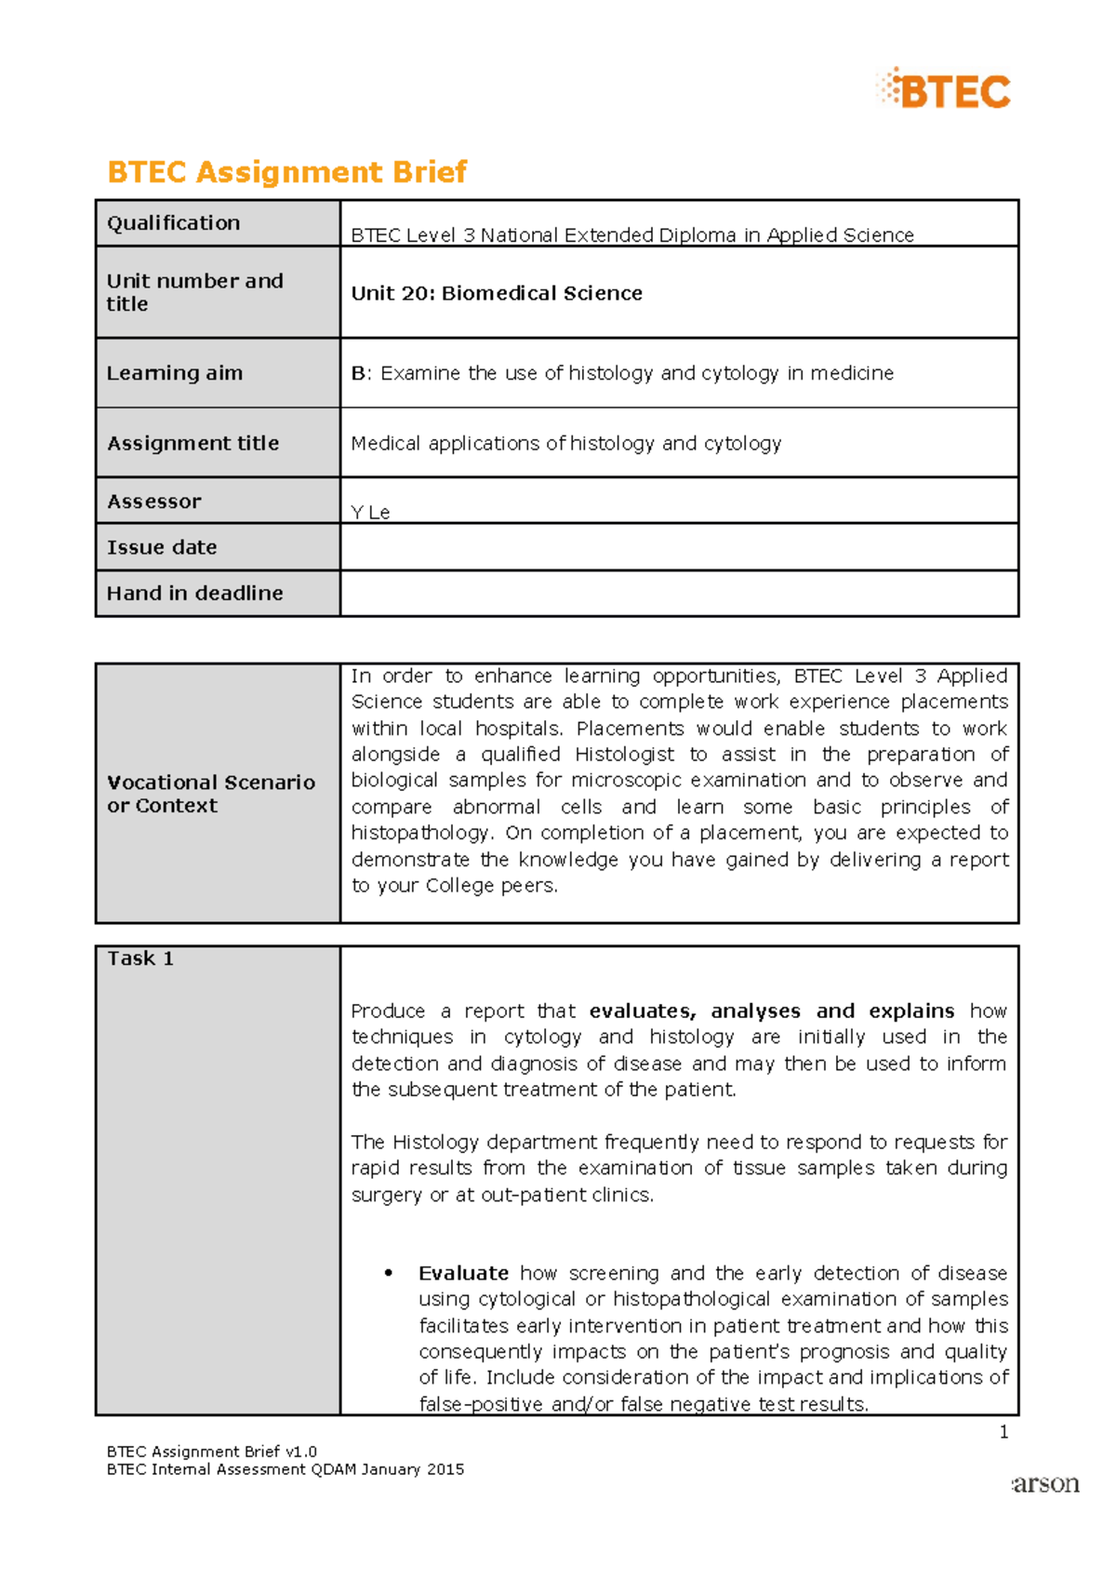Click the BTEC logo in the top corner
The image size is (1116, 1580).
pos(944,90)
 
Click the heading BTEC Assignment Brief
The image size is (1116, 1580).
pos(286,172)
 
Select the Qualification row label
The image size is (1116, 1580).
pos(174,223)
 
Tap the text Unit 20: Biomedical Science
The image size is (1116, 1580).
pos(497,293)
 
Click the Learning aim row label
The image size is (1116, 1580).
pos(175,373)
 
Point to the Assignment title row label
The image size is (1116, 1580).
pos(193,444)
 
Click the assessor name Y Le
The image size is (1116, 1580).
pos(370,512)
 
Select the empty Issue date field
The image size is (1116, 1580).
pos(679,547)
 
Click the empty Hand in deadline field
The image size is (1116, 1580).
pos(679,594)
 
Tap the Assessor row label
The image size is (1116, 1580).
pos(153,502)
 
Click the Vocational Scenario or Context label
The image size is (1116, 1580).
pos(210,794)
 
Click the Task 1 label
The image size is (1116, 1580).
pos(140,958)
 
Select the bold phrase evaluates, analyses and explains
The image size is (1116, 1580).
pos(772,1011)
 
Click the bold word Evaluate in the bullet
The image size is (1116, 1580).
pos(463,1273)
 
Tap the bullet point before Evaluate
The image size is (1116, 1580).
pos(389,1273)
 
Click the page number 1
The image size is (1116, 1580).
pos(1003,1432)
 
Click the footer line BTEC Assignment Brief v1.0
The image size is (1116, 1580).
pos(212,1452)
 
